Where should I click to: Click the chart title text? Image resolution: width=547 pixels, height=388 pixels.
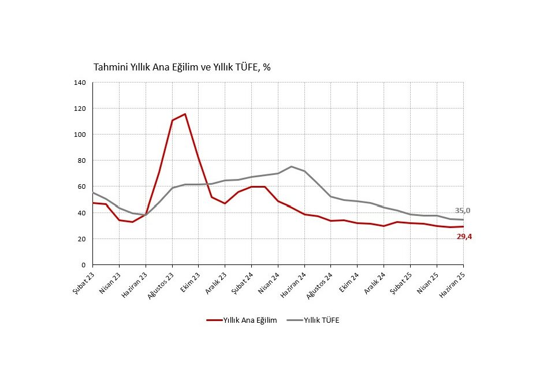(x=182, y=67)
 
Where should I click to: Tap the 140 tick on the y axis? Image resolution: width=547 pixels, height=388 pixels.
(x=80, y=83)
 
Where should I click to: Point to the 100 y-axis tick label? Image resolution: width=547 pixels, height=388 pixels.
(x=80, y=135)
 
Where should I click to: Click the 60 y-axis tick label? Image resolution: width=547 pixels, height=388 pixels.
(x=82, y=186)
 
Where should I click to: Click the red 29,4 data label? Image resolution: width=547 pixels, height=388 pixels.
(x=465, y=236)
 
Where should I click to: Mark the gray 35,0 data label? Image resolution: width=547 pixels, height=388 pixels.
(x=463, y=211)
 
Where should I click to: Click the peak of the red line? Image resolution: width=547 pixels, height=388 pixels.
(x=185, y=114)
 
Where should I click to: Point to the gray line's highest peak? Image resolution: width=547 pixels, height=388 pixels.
(x=291, y=166)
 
